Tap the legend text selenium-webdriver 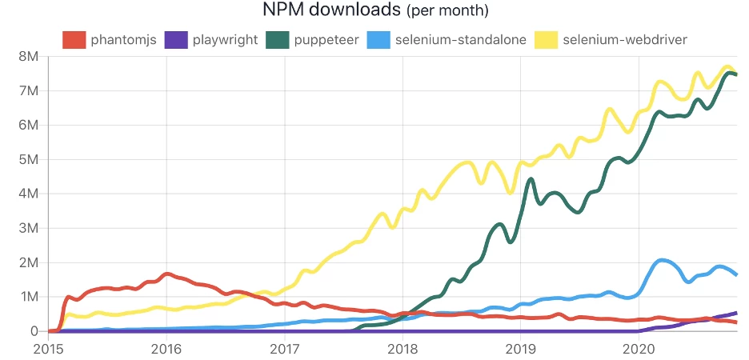[627, 39]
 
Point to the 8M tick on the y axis [27, 57]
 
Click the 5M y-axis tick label [27, 160]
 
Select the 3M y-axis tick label [27, 228]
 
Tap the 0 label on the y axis [34, 331]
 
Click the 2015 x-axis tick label [48, 349]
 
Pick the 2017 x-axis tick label [285, 349]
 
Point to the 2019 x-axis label [521, 349]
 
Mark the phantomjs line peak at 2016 [166, 274]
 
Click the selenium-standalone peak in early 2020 [661, 260]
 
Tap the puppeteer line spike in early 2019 [531, 179]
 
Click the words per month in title [447, 12]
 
